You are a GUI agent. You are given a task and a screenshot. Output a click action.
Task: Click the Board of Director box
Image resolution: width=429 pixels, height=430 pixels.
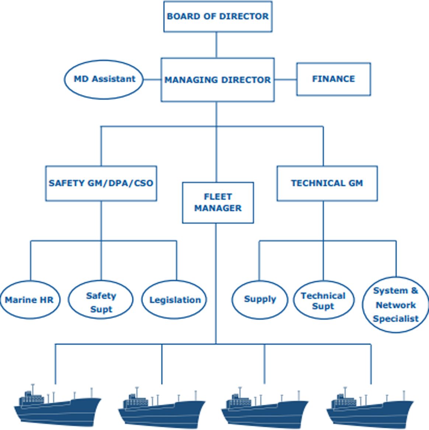coord(218,17)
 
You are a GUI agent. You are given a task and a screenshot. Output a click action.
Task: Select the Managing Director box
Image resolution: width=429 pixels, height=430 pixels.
coord(217,80)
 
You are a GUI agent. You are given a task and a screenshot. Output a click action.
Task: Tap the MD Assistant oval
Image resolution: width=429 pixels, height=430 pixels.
coord(104,79)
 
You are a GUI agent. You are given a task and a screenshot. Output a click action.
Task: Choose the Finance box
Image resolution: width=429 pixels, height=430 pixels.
coord(334,79)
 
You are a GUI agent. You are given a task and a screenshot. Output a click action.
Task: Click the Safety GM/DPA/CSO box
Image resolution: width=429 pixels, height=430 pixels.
coord(101,183)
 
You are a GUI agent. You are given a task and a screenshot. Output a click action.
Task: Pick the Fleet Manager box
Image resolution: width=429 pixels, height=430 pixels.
coord(218,203)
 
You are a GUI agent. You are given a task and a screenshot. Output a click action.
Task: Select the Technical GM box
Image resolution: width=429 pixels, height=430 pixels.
coord(327,183)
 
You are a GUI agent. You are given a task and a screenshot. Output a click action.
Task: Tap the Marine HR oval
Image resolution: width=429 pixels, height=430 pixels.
coord(29,300)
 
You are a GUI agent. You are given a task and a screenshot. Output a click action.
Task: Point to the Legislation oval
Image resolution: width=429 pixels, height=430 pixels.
coord(175,300)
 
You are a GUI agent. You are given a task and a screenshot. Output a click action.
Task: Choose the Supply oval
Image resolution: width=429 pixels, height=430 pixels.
coord(260,299)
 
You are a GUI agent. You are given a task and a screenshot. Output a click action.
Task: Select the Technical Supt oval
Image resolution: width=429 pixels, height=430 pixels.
coord(323,300)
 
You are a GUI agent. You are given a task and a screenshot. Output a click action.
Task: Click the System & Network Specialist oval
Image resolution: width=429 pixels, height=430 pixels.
coord(395,305)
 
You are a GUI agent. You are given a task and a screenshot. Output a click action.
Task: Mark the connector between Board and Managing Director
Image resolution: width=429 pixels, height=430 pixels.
coord(216,45)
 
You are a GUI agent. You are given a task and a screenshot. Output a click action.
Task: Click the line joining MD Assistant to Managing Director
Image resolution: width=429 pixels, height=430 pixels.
coord(152,79)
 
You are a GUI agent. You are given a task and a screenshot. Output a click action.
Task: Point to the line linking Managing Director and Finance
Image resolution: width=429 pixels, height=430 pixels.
coord(286,79)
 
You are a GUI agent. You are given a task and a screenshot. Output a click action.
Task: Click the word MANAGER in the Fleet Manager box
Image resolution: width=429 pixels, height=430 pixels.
coord(218,209)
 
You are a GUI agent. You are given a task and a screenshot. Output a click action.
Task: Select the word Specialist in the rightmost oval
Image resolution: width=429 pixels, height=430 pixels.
coord(395,319)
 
